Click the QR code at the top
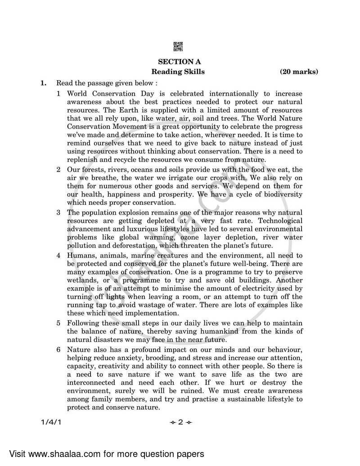[179, 46]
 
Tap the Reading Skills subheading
[178, 72]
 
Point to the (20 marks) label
[299, 72]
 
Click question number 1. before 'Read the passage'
[44, 83]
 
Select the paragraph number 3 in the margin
[58, 212]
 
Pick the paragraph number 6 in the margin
[58, 349]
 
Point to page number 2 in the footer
[180, 422]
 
